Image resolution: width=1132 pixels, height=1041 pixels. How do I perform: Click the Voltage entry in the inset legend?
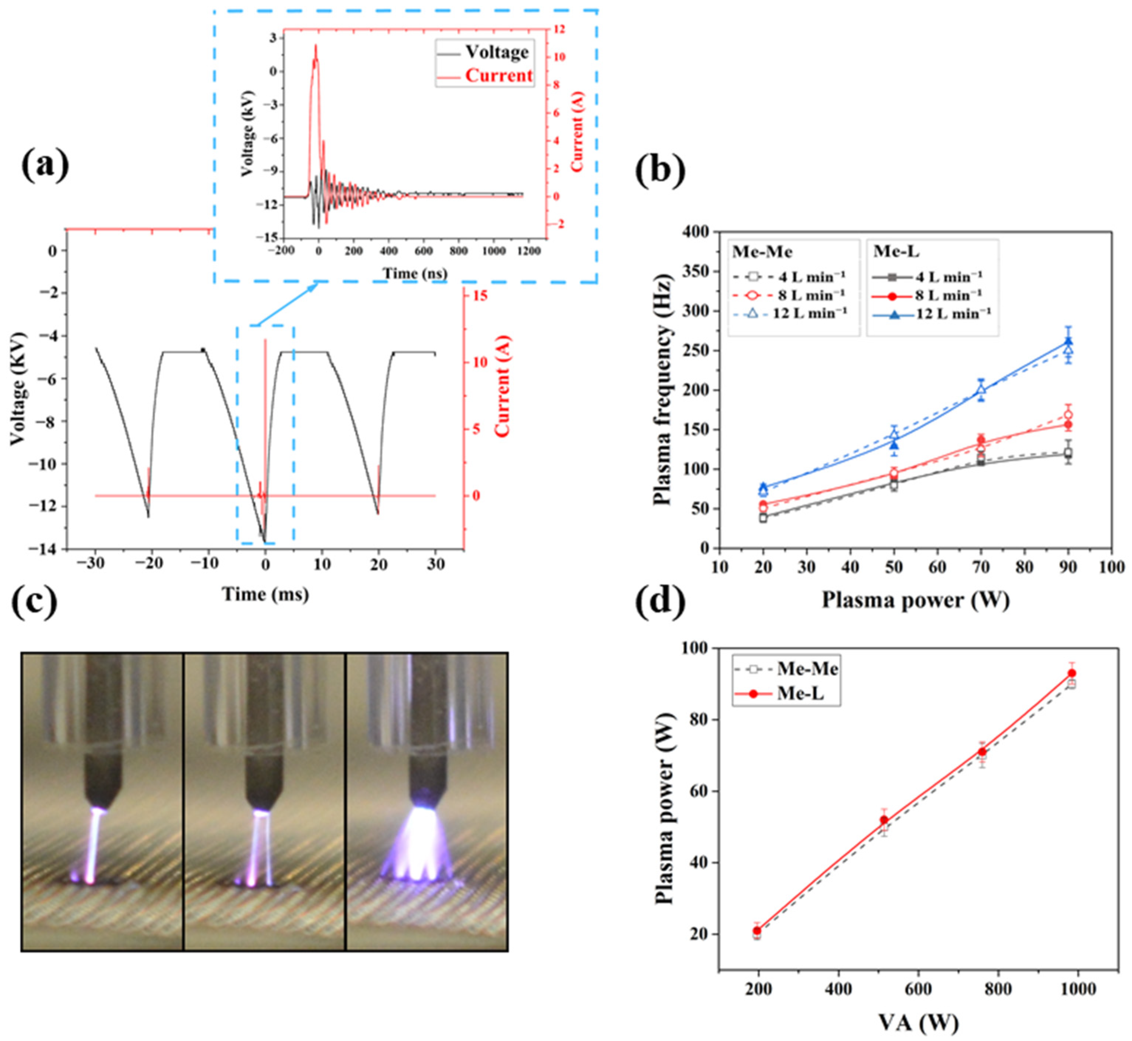(483, 52)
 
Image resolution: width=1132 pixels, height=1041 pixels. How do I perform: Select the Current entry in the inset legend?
(485, 75)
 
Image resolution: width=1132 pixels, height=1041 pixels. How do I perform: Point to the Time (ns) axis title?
(415, 273)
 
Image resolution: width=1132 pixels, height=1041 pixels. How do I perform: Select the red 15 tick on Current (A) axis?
(480, 297)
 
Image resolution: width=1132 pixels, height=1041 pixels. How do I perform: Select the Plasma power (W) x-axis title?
(915, 600)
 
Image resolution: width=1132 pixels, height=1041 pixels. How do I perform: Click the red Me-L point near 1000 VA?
(1072, 673)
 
